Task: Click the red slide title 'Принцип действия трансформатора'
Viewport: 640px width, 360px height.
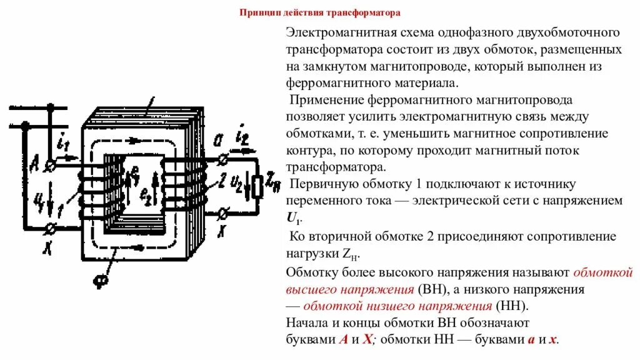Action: tap(320, 12)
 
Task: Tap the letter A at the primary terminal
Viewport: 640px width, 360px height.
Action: tap(34, 164)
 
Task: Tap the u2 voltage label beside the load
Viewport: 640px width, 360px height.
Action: tap(236, 182)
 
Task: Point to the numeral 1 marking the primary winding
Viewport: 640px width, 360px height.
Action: tap(61, 207)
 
